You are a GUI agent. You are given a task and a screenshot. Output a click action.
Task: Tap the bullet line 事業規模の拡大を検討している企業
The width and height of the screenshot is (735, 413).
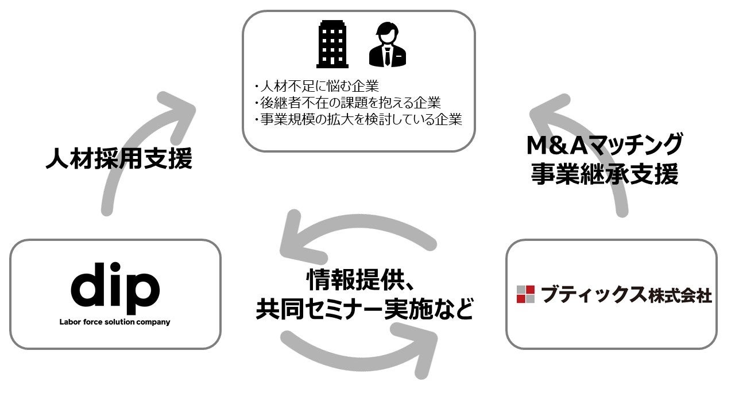coord(357,119)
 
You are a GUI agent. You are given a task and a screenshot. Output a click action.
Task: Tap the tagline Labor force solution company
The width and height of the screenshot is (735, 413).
coord(115,322)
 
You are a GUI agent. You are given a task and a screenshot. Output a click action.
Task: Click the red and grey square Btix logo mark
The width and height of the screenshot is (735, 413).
coord(525,294)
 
